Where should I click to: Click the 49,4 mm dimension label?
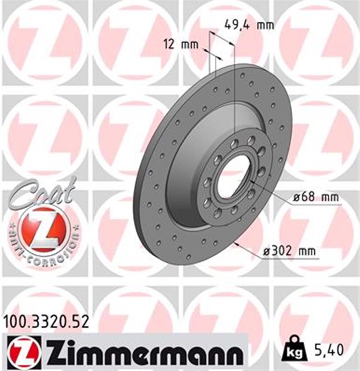(248, 25)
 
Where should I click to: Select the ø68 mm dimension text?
(315, 198)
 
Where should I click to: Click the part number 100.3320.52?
(47, 321)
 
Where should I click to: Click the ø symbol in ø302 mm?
(267, 252)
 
